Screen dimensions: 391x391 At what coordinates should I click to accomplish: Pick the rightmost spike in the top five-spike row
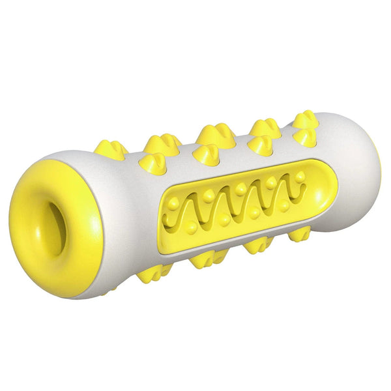304,119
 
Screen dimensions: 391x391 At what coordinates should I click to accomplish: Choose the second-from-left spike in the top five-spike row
162,142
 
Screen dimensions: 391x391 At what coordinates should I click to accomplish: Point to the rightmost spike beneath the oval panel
300,234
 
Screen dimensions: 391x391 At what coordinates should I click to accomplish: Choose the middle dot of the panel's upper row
240,188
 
